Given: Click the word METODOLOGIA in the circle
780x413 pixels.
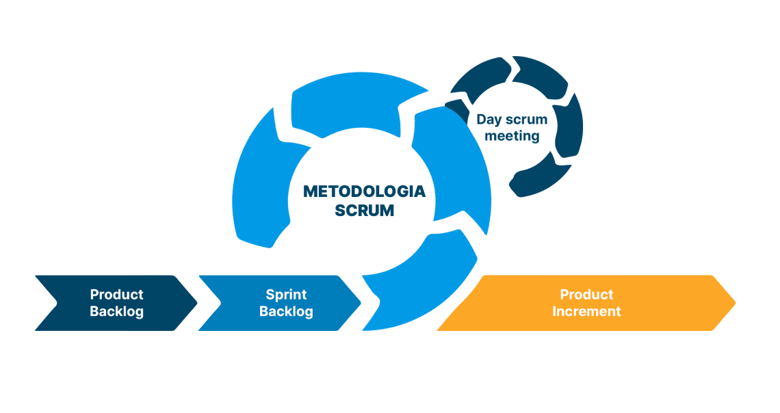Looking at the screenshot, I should pyautogui.click(x=364, y=191).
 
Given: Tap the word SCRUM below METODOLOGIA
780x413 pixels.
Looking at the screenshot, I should pyautogui.click(x=364, y=211).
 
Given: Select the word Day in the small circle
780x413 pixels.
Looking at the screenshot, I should pyautogui.click(x=489, y=120).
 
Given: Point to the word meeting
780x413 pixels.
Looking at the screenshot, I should pyautogui.click(x=512, y=136).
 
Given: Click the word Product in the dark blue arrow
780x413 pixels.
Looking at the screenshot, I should pyautogui.click(x=117, y=295).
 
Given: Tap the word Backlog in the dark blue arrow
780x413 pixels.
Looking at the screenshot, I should pyautogui.click(x=117, y=312).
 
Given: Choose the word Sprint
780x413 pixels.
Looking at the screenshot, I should pyautogui.click(x=286, y=295).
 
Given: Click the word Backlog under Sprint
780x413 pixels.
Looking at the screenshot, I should pyautogui.click(x=286, y=312).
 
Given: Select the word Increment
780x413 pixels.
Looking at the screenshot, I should pyautogui.click(x=586, y=312).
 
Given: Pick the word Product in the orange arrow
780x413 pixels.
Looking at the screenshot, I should pyautogui.click(x=586, y=295).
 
